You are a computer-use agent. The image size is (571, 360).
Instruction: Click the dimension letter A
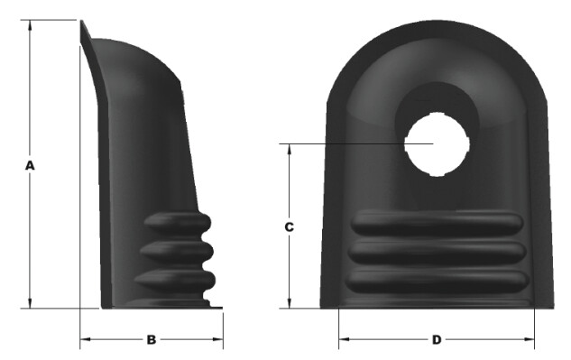[30, 165]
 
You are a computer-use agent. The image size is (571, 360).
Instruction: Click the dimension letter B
[152, 339]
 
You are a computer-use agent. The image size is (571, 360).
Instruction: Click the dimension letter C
[289, 227]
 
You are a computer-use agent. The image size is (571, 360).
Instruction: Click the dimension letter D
[437, 339]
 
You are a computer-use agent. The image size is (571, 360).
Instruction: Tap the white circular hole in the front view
[437, 144]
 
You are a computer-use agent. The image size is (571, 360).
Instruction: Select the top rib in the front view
[437, 223]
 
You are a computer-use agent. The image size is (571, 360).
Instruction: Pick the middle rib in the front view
[437, 252]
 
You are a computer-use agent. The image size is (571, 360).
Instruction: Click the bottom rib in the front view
[437, 282]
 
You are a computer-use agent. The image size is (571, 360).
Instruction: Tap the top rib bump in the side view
[178, 223]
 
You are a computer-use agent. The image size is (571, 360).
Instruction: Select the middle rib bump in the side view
[177, 252]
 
